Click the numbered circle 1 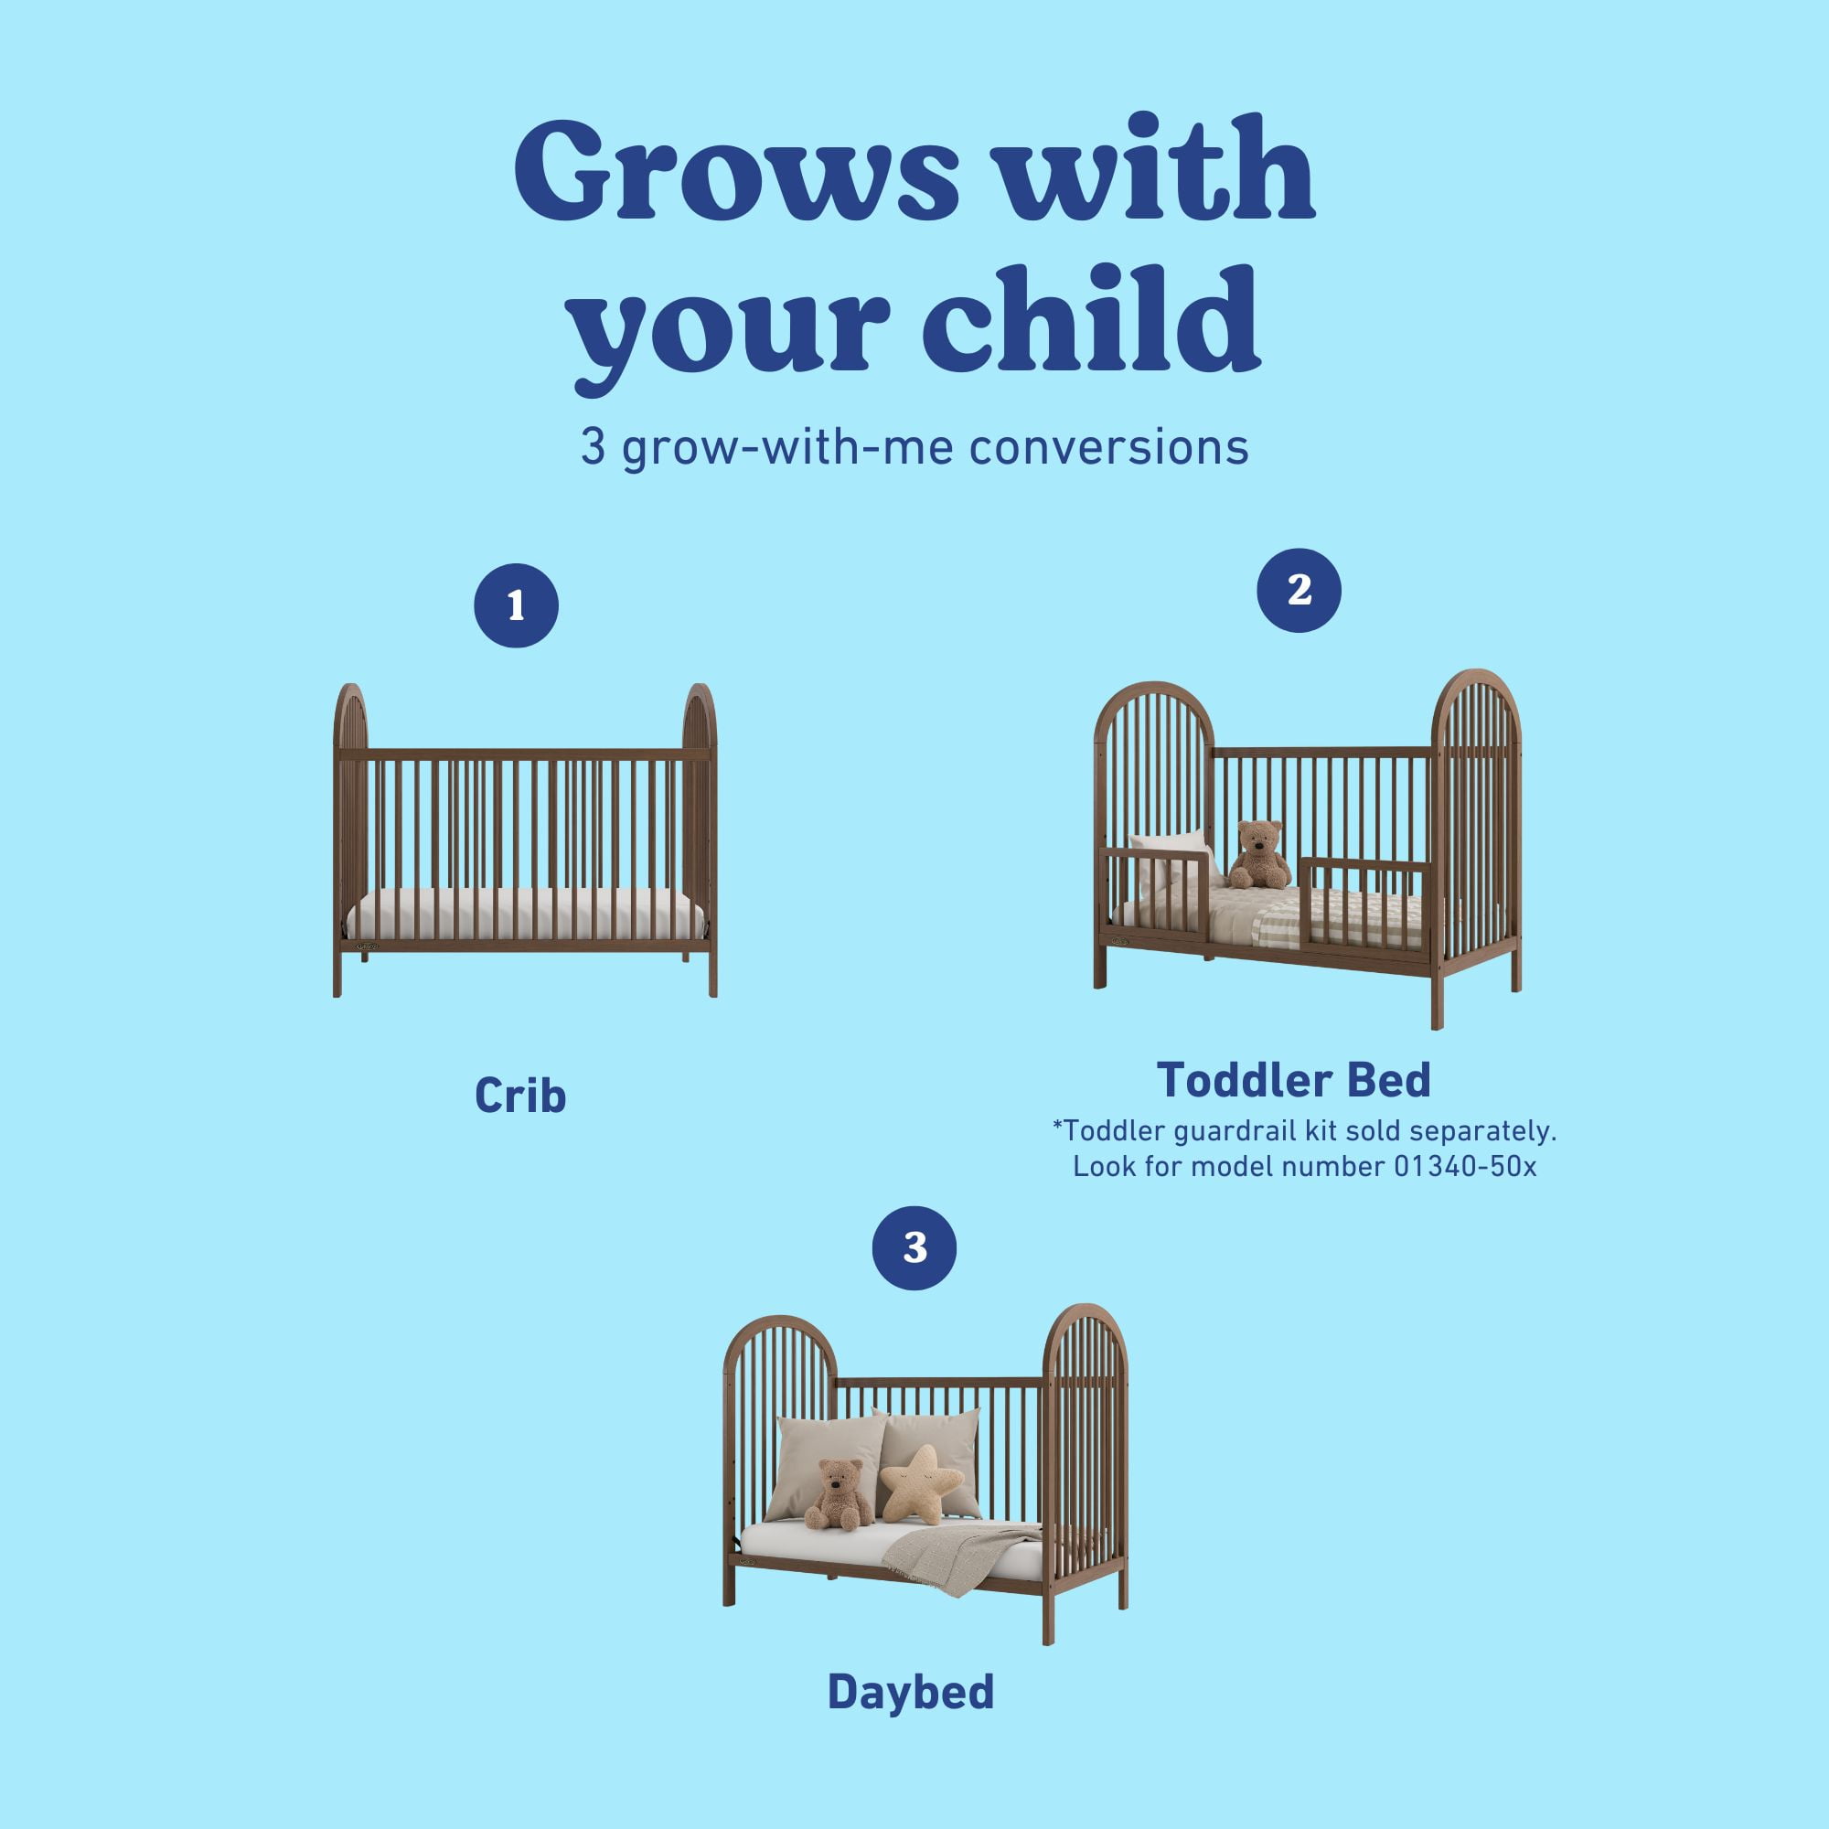pyautogui.click(x=516, y=606)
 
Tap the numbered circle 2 pyautogui.click(x=1298, y=591)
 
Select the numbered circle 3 pyautogui.click(x=914, y=1247)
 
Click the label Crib pyautogui.click(x=519, y=1096)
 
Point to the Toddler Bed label pyautogui.click(x=1293, y=1080)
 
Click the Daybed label pyautogui.click(x=911, y=1692)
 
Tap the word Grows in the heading pyautogui.click(x=736, y=170)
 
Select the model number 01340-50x pyautogui.click(x=1464, y=1166)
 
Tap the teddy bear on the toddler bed pyautogui.click(x=1258, y=854)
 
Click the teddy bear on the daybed pyautogui.click(x=837, y=1495)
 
